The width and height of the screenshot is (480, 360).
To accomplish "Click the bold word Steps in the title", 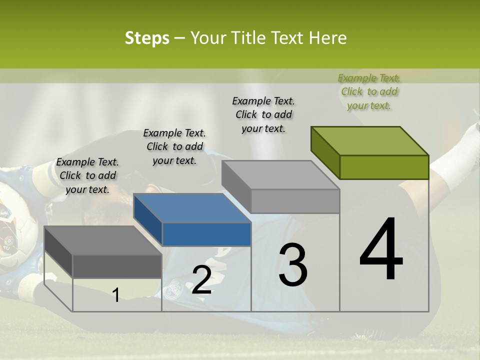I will point(147,38).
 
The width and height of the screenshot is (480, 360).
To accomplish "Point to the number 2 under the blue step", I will point(201,280).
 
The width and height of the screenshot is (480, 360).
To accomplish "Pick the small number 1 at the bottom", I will point(116,295).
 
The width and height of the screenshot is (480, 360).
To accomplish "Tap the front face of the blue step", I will point(206,234).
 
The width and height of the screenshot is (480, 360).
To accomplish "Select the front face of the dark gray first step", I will point(117,265).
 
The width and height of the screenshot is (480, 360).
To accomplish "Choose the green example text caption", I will point(369,91).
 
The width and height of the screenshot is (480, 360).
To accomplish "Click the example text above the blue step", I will point(174,146).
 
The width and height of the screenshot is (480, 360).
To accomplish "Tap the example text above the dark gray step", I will point(87,175).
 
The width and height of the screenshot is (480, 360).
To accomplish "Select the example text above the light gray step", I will point(263,114).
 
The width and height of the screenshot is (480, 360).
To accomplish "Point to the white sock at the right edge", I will point(457,160).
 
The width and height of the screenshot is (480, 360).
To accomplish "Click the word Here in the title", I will point(328,38).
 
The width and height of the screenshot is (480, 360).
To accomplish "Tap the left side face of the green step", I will point(325,152).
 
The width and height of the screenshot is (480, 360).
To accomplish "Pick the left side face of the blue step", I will point(148,219).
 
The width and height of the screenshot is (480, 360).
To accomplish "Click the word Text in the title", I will point(288,38).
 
